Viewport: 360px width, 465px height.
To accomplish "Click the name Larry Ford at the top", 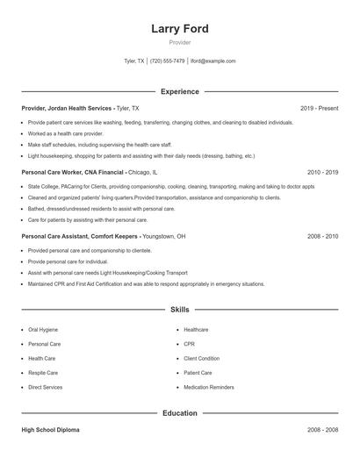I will pyautogui.click(x=179, y=28).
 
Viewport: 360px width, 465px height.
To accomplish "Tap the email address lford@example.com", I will pyautogui.click(x=212, y=61).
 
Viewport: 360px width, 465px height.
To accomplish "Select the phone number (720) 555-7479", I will pyautogui.click(x=167, y=61).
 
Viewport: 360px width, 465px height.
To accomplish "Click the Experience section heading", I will pyautogui.click(x=179, y=91).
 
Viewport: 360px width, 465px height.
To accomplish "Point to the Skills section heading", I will pyautogui.click(x=179, y=310).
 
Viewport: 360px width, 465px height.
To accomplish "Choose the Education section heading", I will pyautogui.click(x=179, y=412).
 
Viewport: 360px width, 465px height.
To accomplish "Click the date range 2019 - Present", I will pyautogui.click(x=319, y=108).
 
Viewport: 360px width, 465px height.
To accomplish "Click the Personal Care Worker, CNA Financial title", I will pyautogui.click(x=73, y=173).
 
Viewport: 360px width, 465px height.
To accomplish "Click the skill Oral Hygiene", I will pyautogui.click(x=44, y=330).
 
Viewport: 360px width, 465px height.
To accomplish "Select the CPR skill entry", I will pyautogui.click(x=189, y=345).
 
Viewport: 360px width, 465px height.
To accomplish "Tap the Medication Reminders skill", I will pyautogui.click(x=208, y=387).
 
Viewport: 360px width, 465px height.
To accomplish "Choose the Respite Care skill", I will pyautogui.click(x=44, y=373).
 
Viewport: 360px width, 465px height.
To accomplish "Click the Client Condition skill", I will pyautogui.click(x=202, y=359).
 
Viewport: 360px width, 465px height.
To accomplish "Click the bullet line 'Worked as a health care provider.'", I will pyautogui.click(x=66, y=133).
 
